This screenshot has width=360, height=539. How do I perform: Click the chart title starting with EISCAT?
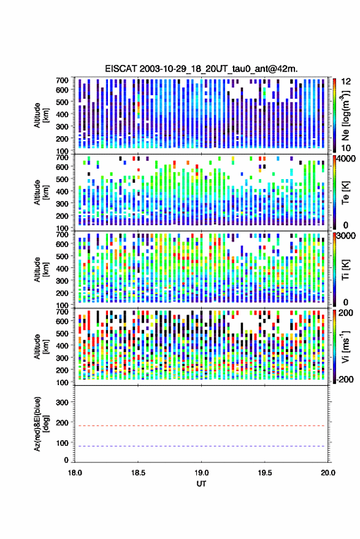point(201,69)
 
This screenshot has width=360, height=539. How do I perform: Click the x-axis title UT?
point(201,484)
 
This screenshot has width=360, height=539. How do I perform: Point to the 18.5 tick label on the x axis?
point(138,473)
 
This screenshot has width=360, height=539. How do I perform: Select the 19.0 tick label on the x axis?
point(201,473)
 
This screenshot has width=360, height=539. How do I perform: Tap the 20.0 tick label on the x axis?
point(327,473)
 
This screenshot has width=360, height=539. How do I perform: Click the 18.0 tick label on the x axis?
point(75,473)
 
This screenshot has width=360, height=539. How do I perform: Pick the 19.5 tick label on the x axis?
point(264,473)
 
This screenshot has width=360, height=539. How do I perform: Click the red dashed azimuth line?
point(201,426)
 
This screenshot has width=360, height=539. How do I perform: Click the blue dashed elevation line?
point(201,446)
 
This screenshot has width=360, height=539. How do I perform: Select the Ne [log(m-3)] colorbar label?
point(345,115)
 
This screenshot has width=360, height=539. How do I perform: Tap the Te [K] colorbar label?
point(345,193)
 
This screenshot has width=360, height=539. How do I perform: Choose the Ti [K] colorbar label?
point(345,270)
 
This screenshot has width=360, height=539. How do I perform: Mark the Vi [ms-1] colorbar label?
point(345,346)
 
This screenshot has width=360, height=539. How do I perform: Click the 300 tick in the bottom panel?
point(62,402)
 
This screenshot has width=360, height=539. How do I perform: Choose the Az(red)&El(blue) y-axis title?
point(40,424)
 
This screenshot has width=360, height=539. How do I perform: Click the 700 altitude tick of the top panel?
point(62,80)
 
